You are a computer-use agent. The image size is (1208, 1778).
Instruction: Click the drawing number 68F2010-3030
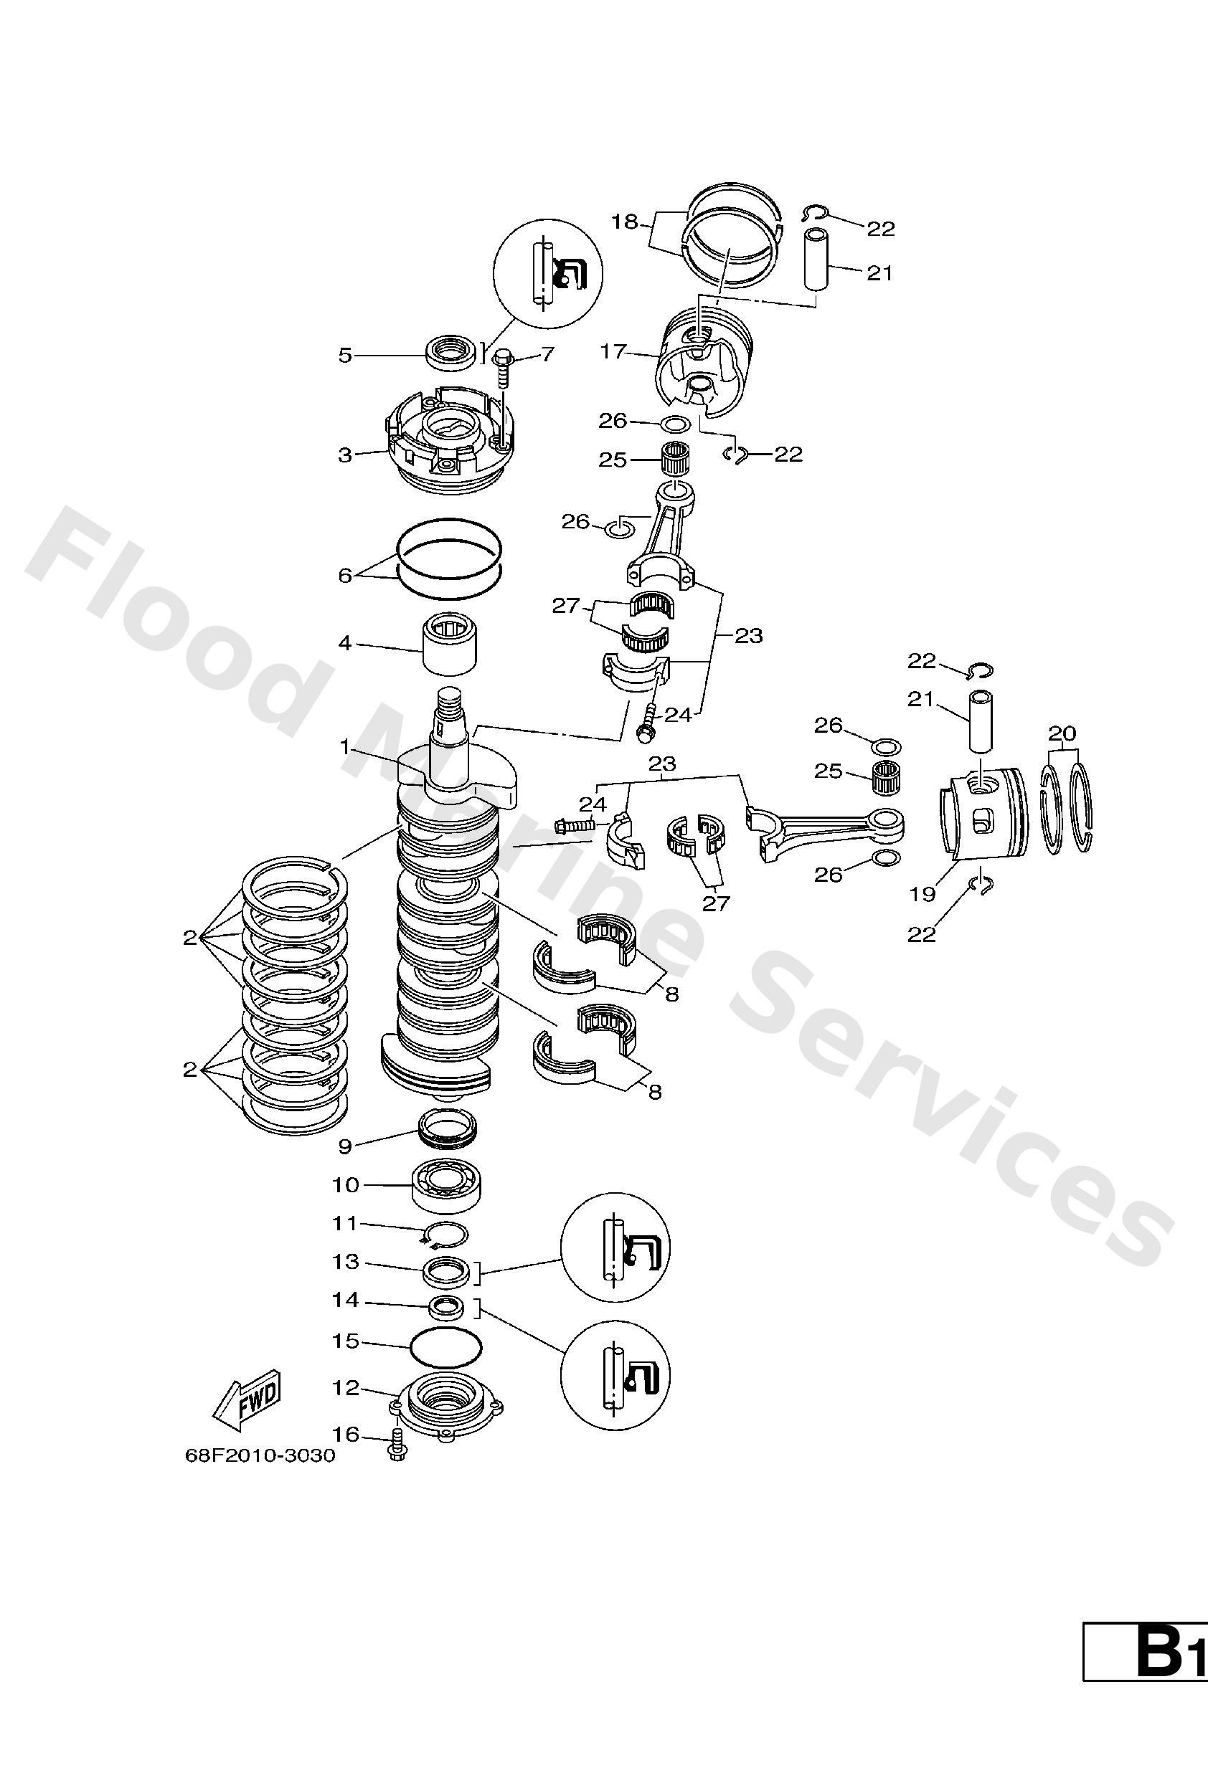coord(260,1455)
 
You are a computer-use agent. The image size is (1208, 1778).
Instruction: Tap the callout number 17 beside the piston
coord(613,352)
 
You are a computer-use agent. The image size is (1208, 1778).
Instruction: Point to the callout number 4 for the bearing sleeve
coord(345,643)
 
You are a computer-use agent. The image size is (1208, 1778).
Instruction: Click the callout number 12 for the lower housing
coord(346,1387)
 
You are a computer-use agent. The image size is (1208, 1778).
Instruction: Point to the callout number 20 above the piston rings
coord(1062,733)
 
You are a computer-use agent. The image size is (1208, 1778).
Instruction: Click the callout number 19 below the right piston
coord(923,893)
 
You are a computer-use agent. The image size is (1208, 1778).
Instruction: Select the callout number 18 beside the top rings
coord(625,222)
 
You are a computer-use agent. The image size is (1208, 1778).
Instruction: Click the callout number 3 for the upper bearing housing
coord(345,455)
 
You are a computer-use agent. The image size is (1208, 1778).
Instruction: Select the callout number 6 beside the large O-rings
coord(345,574)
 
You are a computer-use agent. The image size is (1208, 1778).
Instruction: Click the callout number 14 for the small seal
coord(346,1300)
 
